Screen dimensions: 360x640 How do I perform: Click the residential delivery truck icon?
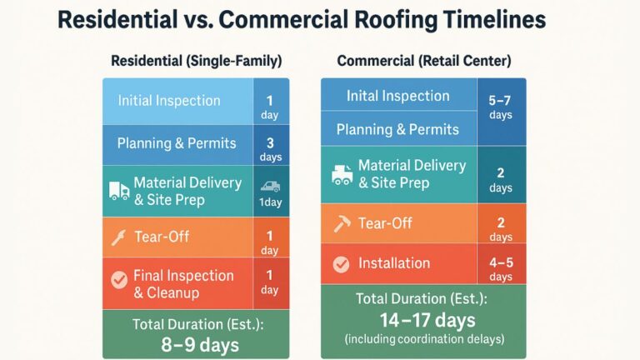coord(118,191)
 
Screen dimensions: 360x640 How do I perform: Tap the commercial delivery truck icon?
coord(342,173)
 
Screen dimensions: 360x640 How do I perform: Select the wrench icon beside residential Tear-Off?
coord(118,237)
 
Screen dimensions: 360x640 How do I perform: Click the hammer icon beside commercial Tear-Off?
coord(342,223)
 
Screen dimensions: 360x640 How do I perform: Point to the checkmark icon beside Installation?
coord(341,263)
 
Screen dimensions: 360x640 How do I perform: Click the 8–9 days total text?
coord(196,344)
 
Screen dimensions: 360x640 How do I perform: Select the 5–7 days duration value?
coord(500,107)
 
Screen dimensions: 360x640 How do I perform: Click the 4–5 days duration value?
coord(500,268)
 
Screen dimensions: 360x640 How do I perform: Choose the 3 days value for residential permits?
coord(269,148)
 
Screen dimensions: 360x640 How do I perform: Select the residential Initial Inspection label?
coord(169,101)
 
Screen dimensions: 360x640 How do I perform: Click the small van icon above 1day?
coord(269,187)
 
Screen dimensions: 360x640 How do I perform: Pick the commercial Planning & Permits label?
coord(397,129)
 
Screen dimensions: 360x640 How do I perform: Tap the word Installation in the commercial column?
coord(394,263)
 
